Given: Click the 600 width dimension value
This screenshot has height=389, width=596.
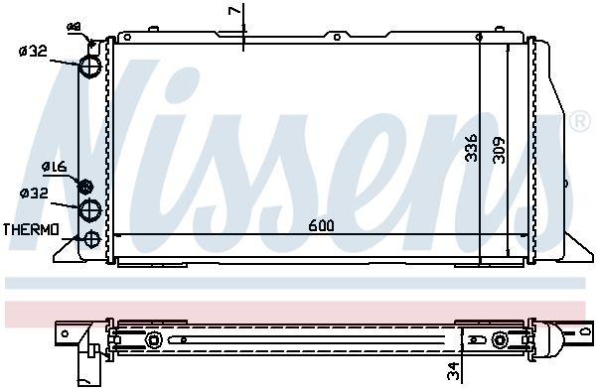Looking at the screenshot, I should click(321, 225).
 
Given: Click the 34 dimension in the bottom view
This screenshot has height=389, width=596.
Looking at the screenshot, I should click(452, 371).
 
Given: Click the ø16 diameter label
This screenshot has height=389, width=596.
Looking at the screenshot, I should click(54, 168).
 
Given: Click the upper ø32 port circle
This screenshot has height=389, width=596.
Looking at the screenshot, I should click(91, 66).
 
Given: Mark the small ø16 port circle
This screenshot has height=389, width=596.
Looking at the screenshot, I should click(85, 186).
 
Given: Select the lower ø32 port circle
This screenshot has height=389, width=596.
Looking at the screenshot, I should click(91, 208).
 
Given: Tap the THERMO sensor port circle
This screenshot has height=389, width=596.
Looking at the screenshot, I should click(92, 238).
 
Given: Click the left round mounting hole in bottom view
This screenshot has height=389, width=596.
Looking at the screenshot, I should click(155, 341).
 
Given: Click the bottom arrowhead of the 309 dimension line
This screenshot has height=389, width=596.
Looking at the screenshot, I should click(511, 251).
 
